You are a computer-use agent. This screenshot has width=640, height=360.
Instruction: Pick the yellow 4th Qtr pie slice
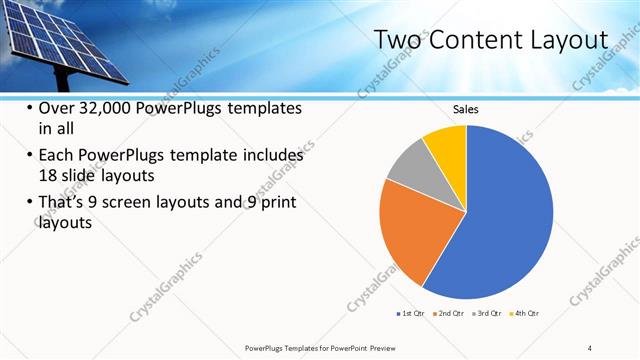pyautogui.click(x=446, y=146)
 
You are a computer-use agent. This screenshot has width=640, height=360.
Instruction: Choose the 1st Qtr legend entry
pyautogui.click(x=409, y=314)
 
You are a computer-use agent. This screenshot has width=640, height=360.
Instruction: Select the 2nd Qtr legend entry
pyautogui.click(x=449, y=314)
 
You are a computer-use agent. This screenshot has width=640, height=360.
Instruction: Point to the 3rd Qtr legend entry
pyautogui.click(x=488, y=314)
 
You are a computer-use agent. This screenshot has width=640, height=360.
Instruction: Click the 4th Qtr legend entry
pyautogui.click(x=527, y=314)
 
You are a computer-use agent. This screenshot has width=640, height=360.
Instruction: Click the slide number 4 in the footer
pyautogui.click(x=590, y=348)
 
